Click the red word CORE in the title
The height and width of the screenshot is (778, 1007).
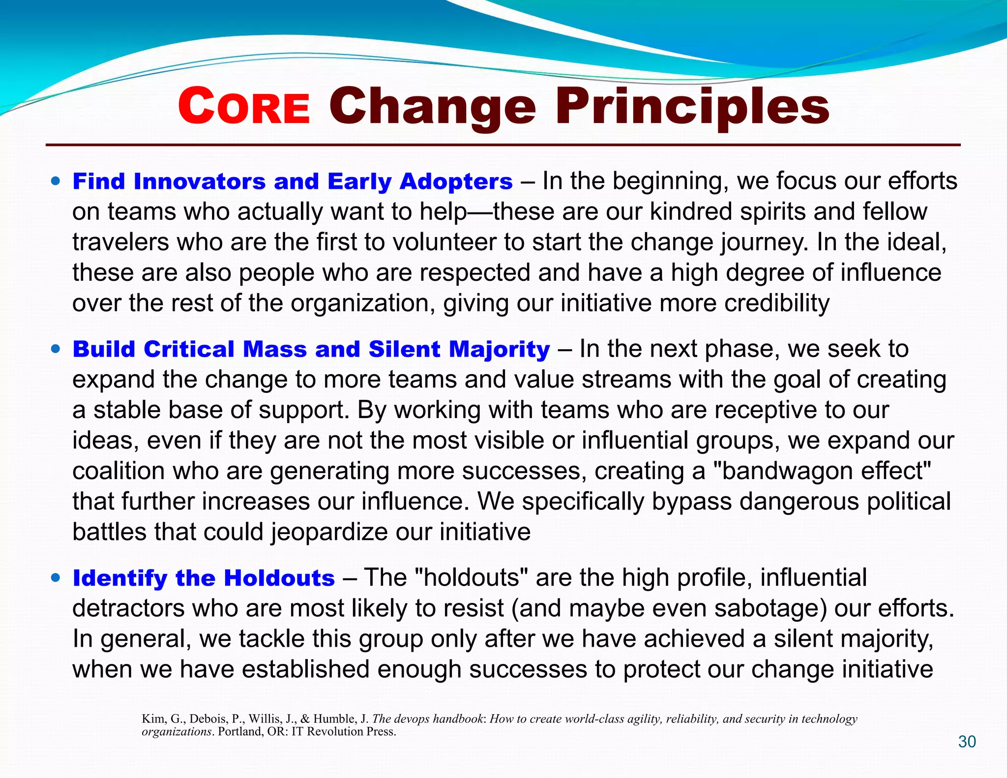click(244, 107)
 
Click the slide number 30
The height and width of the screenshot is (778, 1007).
click(967, 742)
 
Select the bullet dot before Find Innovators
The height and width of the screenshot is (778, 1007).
click(56, 181)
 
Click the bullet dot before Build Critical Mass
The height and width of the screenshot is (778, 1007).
click(56, 349)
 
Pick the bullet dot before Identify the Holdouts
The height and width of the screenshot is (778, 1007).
click(56, 577)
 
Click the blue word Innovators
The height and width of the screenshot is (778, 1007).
click(200, 181)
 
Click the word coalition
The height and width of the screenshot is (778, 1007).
click(118, 471)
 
